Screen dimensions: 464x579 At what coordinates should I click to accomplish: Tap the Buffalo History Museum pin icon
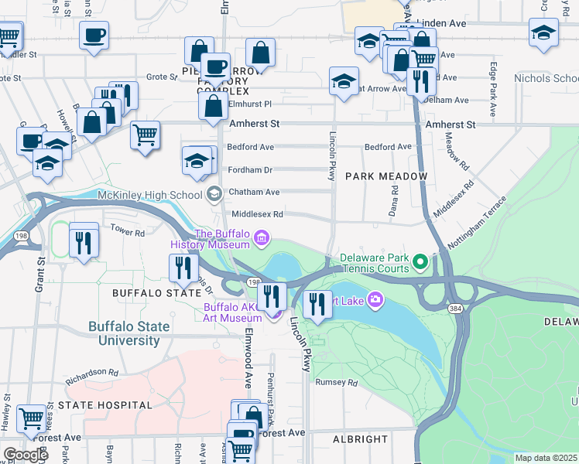point(262,237)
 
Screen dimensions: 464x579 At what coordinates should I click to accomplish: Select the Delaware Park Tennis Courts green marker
point(420,263)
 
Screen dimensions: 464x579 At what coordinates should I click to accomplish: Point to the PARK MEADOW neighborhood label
point(386,176)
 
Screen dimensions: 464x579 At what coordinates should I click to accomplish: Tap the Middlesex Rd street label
point(257,214)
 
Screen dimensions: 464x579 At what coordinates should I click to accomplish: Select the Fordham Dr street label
point(250,169)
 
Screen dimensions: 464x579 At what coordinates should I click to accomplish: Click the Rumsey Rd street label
point(337,382)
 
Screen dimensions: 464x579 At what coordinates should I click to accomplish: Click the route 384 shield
point(454,308)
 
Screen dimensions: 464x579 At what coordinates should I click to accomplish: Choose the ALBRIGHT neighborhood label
point(360,439)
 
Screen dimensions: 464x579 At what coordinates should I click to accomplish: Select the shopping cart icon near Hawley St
point(31,418)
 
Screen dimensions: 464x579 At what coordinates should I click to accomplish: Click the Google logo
point(26,455)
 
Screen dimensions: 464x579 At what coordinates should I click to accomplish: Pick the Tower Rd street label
point(128,231)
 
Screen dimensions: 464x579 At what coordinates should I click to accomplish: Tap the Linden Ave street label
point(440,23)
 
